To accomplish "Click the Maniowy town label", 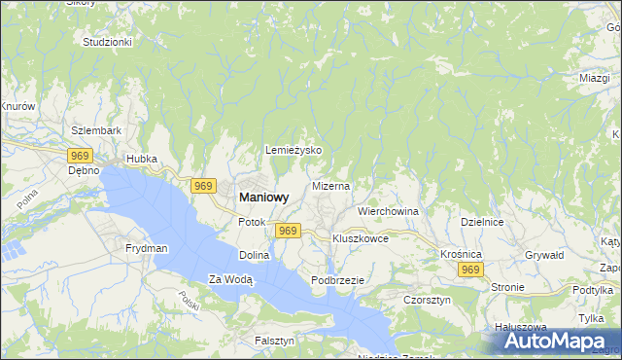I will coord(263,197).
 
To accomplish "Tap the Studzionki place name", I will coord(107,43).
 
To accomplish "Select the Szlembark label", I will coord(96,130).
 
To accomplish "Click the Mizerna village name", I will coord(330,185).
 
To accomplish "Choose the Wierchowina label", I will coord(388,211).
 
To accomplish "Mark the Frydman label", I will coord(147,249).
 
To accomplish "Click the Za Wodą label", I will coord(230,280).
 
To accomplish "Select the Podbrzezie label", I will coord(337,280).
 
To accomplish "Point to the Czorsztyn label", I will coord(427,301).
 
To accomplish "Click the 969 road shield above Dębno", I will coord(80,155).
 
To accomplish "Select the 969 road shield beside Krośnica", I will coord(471,270).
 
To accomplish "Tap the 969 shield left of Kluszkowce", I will coord(287,231).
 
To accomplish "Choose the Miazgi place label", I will coord(594,78).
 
